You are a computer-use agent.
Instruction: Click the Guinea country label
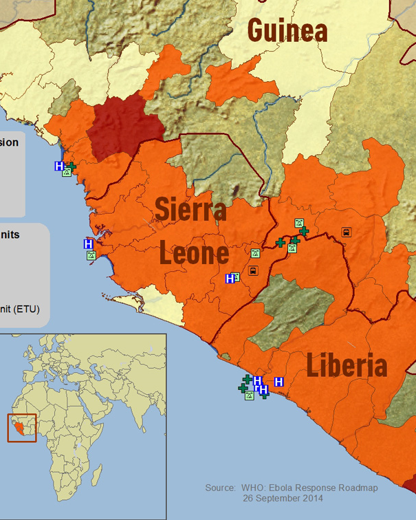tap(287, 30)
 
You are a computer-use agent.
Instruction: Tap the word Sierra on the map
tap(190, 209)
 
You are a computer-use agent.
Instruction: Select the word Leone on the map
tap(194, 253)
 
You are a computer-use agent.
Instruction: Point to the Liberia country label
tap(347, 365)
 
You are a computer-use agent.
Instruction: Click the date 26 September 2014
tap(283, 498)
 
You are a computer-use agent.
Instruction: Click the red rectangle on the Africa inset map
tap(21, 428)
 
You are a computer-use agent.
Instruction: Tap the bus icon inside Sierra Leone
tap(253, 270)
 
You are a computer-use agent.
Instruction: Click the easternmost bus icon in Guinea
tap(346, 232)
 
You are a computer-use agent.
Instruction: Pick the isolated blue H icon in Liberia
tap(279, 382)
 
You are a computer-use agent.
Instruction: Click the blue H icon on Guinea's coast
tap(59, 166)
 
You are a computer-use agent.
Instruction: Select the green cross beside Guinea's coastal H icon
tap(71, 166)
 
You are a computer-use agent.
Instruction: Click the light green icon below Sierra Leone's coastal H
tap(91, 255)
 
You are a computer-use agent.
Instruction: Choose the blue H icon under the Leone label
tap(230, 279)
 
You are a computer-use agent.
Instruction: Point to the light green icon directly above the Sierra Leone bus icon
tap(255, 254)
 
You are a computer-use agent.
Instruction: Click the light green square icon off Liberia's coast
tap(250, 396)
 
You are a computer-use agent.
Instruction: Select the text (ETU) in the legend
tap(25, 310)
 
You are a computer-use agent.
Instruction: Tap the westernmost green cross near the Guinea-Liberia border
tap(281, 242)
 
